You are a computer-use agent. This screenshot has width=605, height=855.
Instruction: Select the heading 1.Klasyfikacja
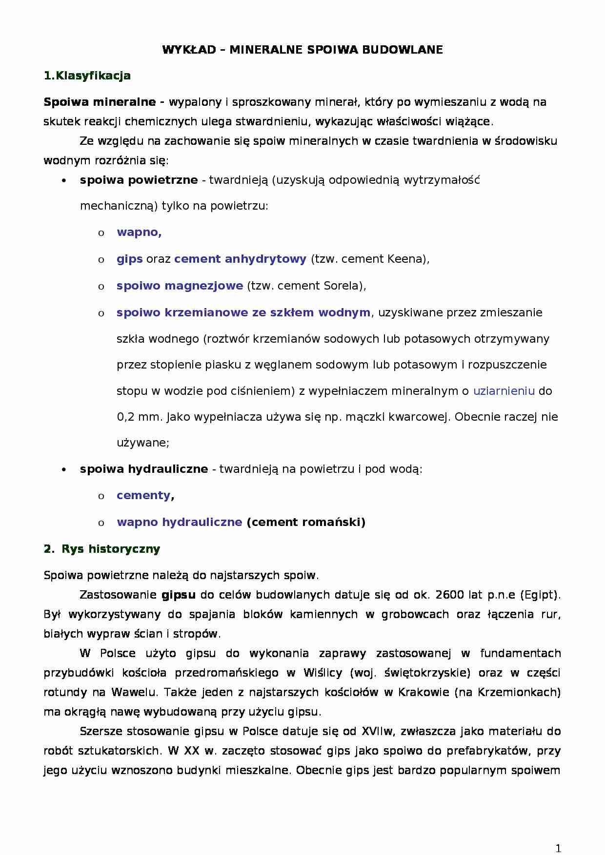tap(87, 76)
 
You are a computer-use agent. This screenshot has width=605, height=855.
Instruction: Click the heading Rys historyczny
tap(111, 549)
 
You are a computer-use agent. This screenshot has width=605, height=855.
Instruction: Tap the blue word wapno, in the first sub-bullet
tap(139, 232)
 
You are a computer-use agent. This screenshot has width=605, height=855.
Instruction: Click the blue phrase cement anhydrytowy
tap(240, 259)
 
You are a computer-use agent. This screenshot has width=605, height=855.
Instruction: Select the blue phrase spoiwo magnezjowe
tap(180, 286)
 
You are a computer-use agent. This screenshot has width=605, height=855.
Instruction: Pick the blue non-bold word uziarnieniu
tap(504, 391)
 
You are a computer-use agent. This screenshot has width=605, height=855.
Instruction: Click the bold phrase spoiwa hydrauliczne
tap(144, 469)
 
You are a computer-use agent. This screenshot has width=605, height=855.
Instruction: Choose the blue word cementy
tap(143, 495)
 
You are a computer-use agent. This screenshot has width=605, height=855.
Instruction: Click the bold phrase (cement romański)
tap(306, 522)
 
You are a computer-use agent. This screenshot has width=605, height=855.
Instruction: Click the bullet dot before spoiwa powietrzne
tap(63, 181)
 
